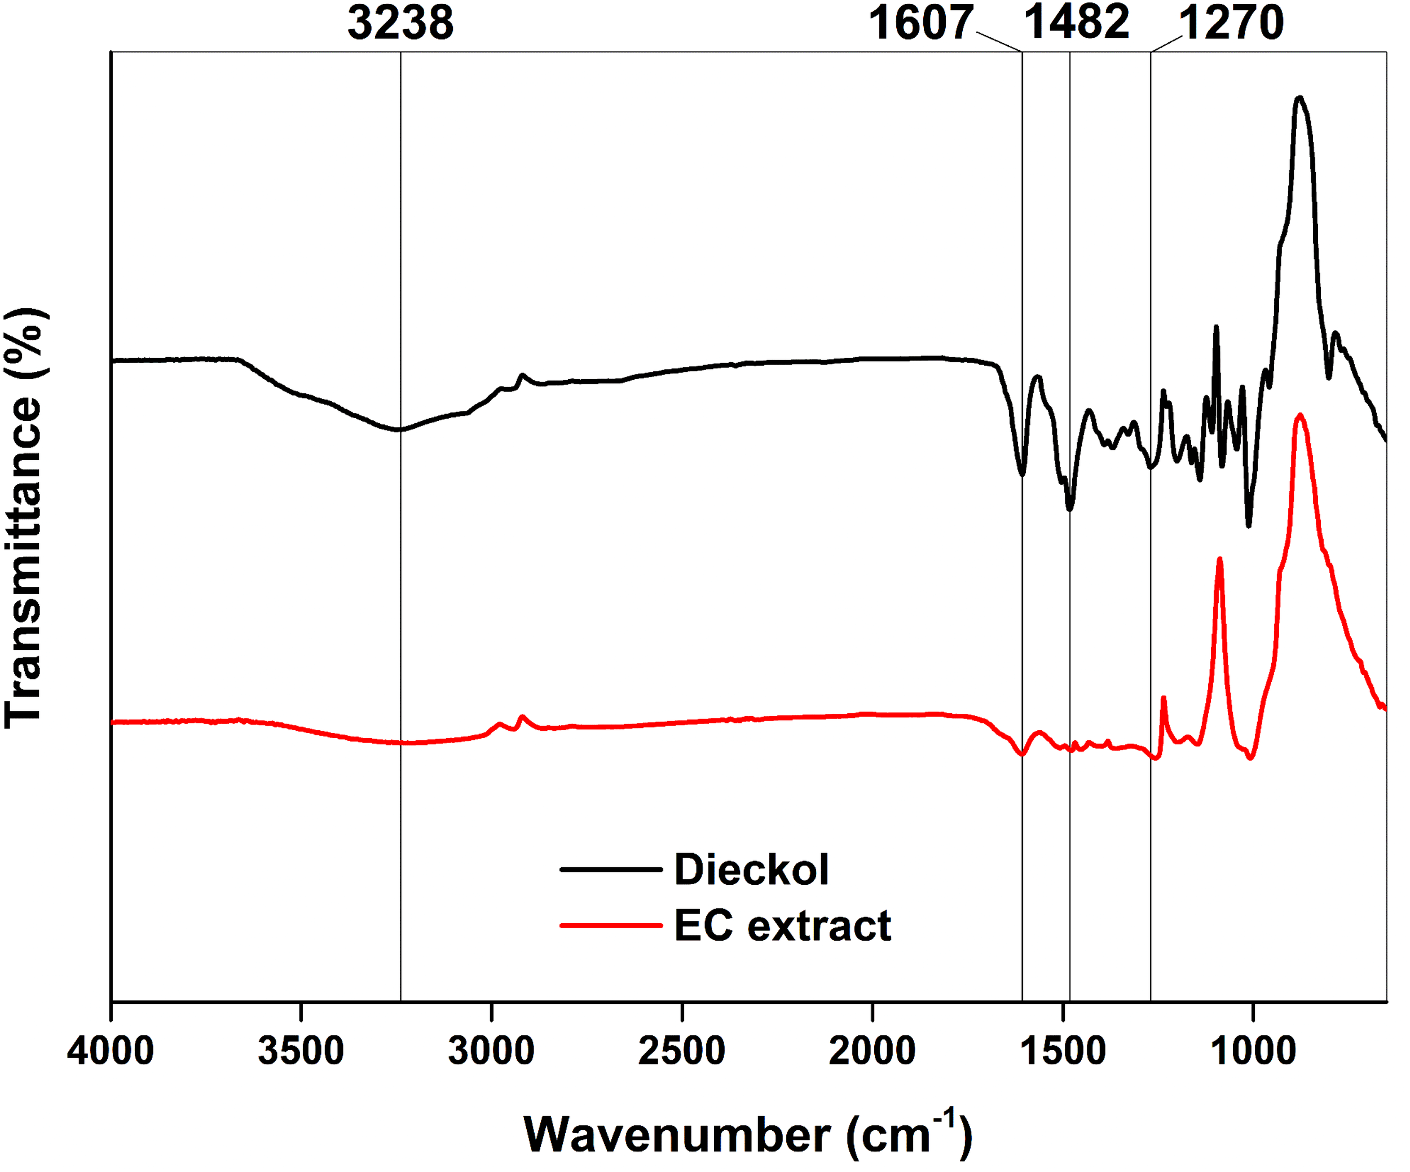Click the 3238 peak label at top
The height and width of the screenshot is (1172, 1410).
[x=400, y=23]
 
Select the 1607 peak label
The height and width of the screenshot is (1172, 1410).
[x=921, y=23]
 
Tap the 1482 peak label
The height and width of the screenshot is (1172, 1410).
[x=1076, y=23]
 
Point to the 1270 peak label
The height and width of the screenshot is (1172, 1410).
[x=1231, y=23]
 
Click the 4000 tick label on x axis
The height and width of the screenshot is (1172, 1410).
[x=111, y=1051]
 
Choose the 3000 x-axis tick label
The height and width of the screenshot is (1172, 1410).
[x=491, y=1051]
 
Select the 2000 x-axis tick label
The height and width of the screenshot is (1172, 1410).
[x=872, y=1051]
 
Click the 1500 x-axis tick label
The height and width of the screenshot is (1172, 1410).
[x=1063, y=1051]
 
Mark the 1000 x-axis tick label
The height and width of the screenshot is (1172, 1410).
[x=1253, y=1051]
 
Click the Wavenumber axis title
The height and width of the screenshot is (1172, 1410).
[x=747, y=1135]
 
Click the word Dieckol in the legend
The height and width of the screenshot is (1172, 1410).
[x=751, y=870]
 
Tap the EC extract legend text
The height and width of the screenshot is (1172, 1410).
[x=782, y=925]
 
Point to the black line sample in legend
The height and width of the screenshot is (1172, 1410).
[x=611, y=870]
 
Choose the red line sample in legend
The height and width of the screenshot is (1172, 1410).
[x=611, y=925]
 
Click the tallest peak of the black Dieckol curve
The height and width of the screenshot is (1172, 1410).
[x=1300, y=98]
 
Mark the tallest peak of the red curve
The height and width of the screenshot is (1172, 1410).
[x=1301, y=415]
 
